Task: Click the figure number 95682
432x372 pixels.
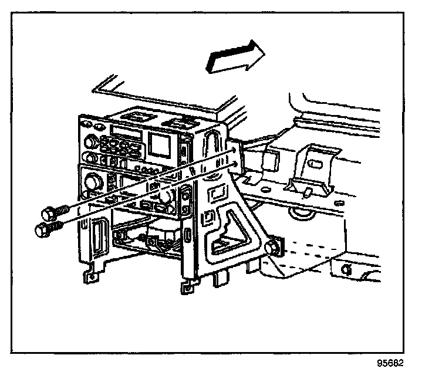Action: [x=390, y=362]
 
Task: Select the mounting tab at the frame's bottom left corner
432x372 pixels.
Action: [x=89, y=274]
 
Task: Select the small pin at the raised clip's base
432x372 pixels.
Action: [x=309, y=191]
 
